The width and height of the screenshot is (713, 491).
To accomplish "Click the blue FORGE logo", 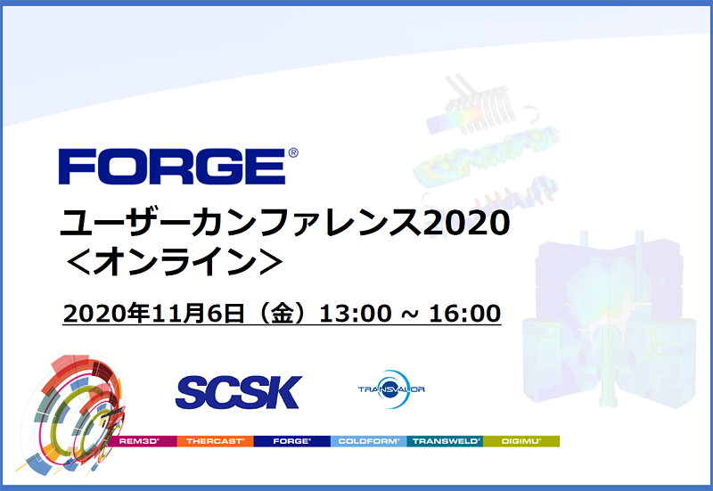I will pyautogui.click(x=171, y=167).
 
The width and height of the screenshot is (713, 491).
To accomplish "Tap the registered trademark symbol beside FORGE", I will pyautogui.click(x=293, y=153).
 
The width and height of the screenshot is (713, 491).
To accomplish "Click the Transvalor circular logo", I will pyautogui.click(x=391, y=389).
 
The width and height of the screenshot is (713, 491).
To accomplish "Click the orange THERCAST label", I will pyautogui.click(x=215, y=441).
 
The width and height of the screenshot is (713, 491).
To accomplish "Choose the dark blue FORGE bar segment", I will pyautogui.click(x=291, y=441).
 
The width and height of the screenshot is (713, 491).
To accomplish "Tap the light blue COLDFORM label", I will pyautogui.click(x=368, y=441).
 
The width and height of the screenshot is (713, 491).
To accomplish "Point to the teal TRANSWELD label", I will pyautogui.click(x=445, y=441).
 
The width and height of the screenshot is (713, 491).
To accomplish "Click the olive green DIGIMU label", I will pyautogui.click(x=521, y=441).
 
